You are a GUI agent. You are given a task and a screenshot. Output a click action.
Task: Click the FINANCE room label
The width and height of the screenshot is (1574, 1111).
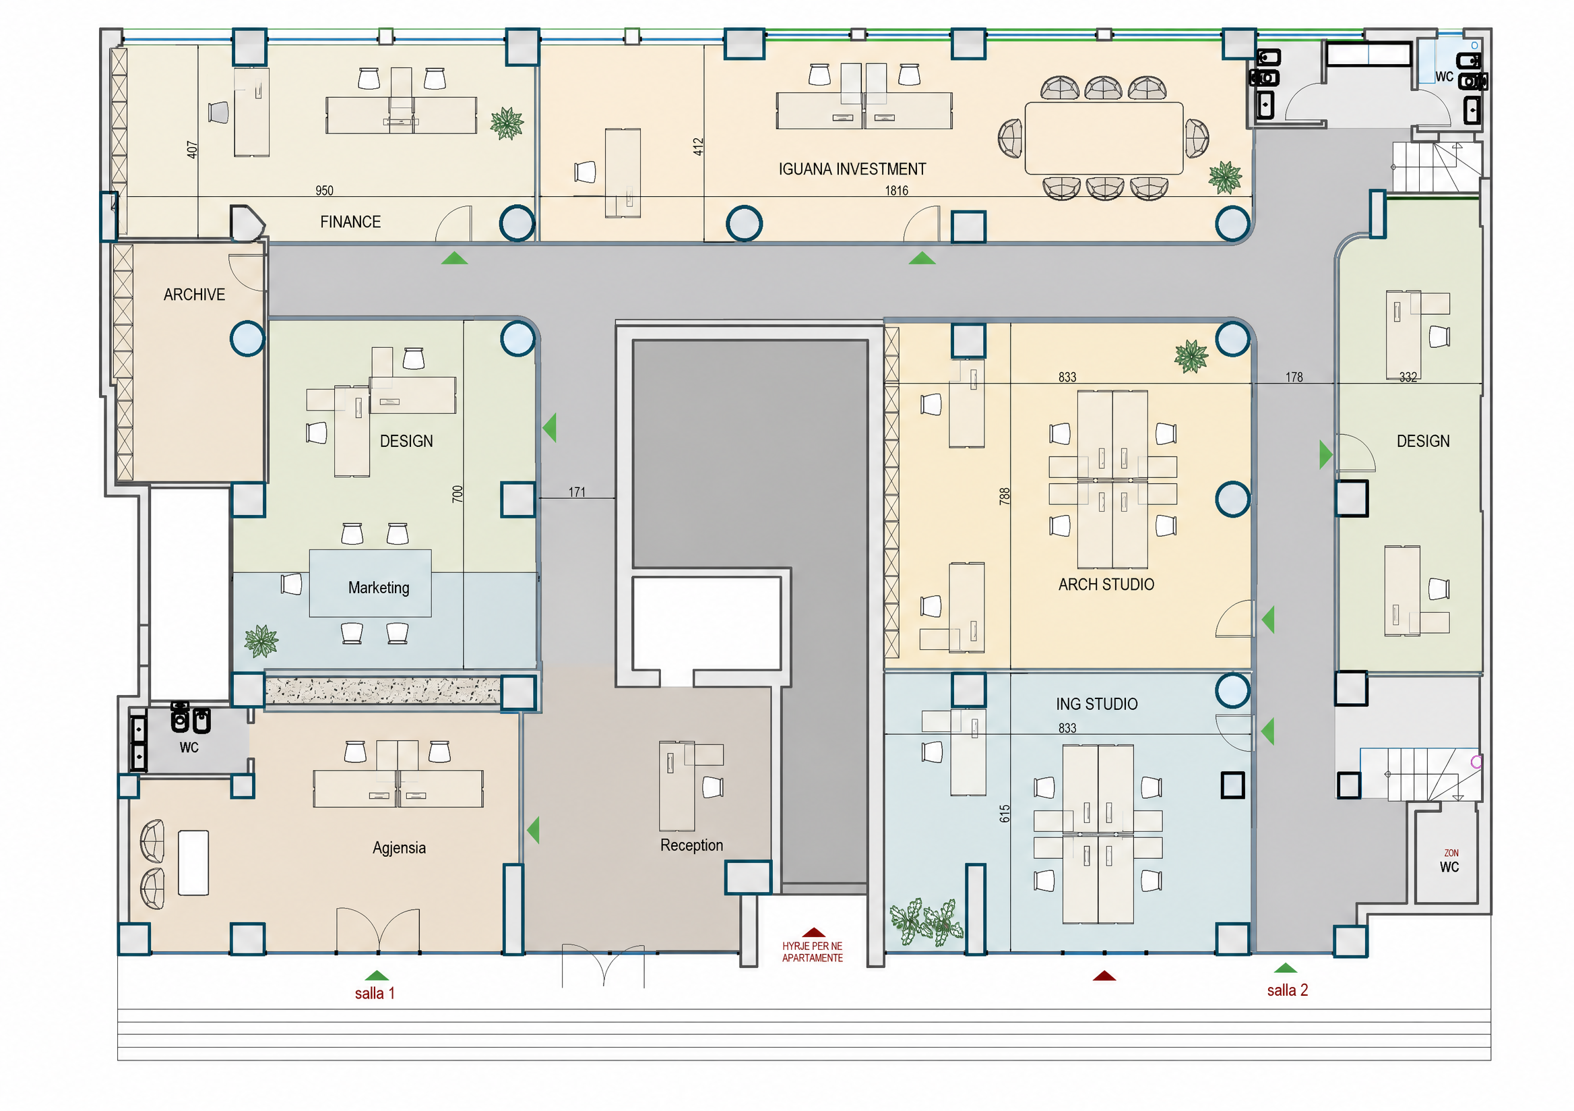pos(350,222)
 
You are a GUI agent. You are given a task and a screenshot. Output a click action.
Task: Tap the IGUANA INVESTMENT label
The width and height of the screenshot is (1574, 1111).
pos(852,169)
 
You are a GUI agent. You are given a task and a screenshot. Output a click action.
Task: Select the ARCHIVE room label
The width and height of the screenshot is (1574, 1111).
pos(194,294)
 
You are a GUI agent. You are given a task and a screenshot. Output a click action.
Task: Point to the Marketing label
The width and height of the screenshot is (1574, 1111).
pos(379,588)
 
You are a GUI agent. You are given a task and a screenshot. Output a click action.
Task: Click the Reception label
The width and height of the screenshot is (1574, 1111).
pos(692,845)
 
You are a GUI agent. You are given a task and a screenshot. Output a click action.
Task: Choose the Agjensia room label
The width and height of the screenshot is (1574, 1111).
pos(399,847)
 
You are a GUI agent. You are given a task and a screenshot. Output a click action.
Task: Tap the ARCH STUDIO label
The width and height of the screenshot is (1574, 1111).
pos(1106,584)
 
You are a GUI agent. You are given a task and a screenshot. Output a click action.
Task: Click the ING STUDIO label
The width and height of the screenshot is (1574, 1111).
pos(1096,704)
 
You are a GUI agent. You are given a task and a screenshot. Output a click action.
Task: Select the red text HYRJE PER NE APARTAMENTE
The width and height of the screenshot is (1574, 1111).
pos(813,952)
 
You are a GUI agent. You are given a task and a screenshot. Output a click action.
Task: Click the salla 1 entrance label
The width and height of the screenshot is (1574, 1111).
pos(375,993)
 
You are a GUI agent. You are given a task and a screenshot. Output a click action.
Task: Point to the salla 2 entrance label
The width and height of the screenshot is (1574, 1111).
pos(1288,990)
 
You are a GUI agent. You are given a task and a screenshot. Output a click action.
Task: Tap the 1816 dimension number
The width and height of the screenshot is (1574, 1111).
pos(897,191)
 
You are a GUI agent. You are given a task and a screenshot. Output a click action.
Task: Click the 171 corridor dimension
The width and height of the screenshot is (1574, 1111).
pos(577,491)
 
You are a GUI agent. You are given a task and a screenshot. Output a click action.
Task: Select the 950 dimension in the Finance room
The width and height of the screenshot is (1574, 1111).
pos(324,191)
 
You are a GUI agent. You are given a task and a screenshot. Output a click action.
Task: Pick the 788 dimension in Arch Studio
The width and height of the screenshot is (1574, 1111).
pos(1005,496)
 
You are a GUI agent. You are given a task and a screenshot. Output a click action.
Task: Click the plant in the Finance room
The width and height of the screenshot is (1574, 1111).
pos(507,123)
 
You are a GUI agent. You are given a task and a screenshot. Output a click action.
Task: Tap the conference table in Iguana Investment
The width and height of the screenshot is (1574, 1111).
pos(1104,138)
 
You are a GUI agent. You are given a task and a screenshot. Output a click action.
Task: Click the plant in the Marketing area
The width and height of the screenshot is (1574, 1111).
pos(261,640)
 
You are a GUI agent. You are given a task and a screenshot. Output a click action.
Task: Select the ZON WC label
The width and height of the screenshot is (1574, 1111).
pos(1450,862)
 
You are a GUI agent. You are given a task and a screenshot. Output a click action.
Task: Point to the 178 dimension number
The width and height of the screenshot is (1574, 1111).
pos(1294,378)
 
